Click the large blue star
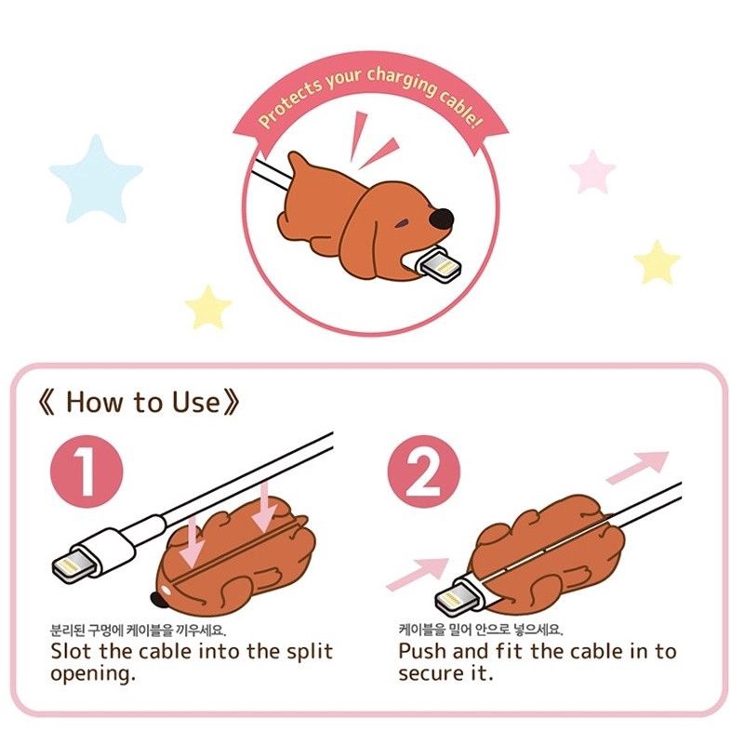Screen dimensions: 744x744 coord(96,178)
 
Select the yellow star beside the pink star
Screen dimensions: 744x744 coord(657,262)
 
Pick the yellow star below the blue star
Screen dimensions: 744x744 coord(208,307)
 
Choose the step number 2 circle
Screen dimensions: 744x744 coord(423,472)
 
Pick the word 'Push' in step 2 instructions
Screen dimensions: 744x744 coord(429,651)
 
